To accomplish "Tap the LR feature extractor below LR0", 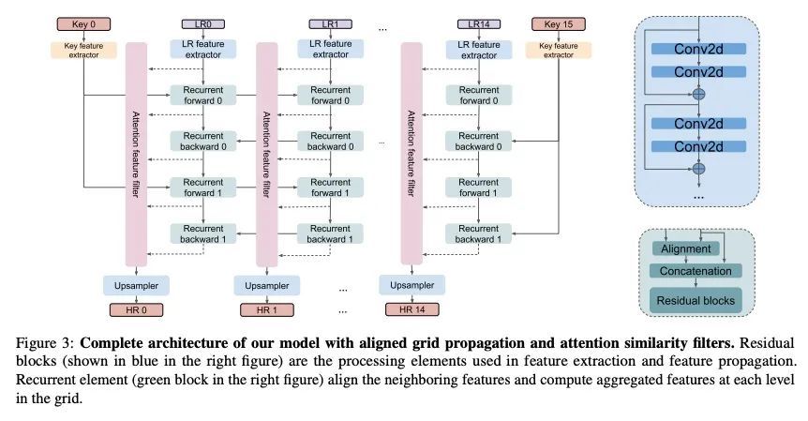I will [197, 49].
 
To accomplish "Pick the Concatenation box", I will [695, 270].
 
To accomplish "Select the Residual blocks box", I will [695, 299].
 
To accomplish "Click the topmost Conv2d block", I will [696, 49].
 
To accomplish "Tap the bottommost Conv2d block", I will [696, 146].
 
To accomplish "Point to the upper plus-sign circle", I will [697, 94].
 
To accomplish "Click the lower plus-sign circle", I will [697, 169].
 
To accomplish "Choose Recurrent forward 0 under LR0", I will [197, 96].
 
